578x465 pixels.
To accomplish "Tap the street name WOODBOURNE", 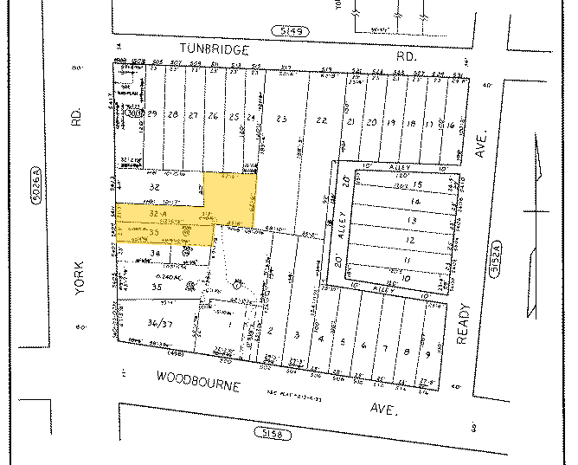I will (197, 378).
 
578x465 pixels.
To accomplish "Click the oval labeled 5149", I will (288, 31).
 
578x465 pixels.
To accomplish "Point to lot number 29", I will (152, 115).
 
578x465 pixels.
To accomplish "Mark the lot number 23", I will (280, 119).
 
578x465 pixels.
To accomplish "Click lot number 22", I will (322, 119).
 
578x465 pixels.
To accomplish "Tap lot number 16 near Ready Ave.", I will (450, 124).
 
